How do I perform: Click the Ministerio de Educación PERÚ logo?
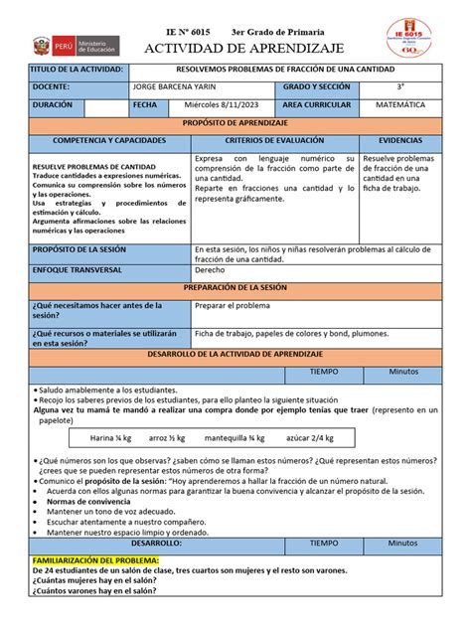click(75, 46)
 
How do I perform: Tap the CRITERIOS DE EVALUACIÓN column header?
click(274, 141)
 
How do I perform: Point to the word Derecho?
click(210, 269)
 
